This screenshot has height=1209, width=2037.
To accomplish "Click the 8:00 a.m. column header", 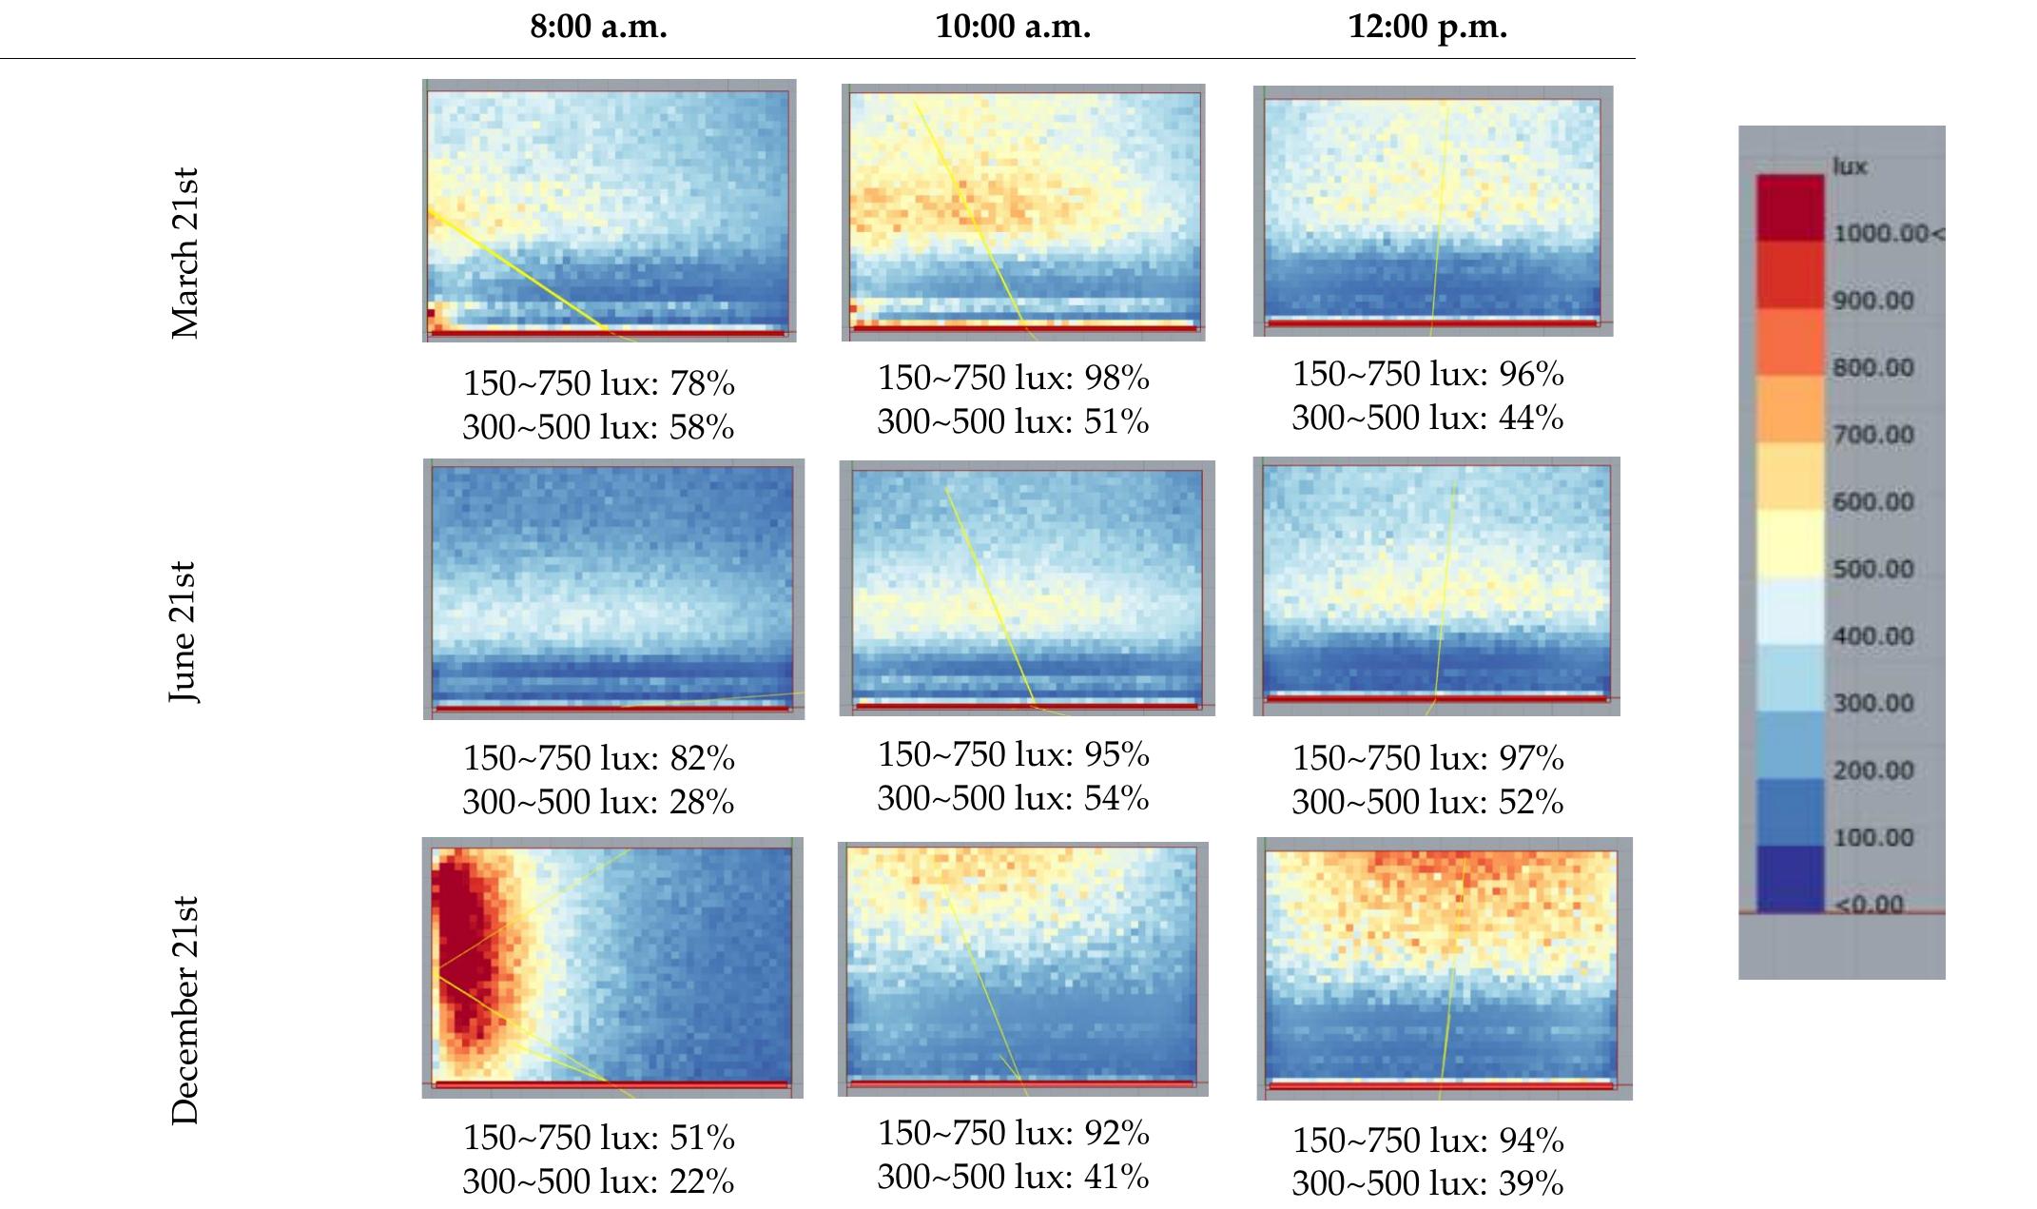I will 598,27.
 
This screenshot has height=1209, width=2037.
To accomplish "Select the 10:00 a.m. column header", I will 1013,27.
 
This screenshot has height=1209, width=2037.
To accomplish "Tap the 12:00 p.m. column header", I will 1427,27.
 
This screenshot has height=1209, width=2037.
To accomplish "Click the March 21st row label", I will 184,254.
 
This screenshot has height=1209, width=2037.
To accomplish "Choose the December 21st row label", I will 184,1010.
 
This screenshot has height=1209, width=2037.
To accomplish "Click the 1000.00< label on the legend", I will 1887,234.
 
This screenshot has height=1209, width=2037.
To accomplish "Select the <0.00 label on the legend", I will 1870,903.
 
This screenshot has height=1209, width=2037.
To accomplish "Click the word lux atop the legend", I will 1850,166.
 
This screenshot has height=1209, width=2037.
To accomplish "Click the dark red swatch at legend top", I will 1790,206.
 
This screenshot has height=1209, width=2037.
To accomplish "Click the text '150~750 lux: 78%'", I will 598,383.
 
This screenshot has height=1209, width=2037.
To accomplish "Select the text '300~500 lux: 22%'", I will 598,1181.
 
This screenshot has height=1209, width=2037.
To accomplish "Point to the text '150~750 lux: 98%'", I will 1013,378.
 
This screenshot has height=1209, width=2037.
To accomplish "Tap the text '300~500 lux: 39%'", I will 1427,1183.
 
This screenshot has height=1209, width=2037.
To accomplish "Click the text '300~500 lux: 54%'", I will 1013,798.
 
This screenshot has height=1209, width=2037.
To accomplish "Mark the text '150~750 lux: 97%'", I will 1427,758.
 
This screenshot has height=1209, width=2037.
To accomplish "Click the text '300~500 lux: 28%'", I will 598,802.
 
